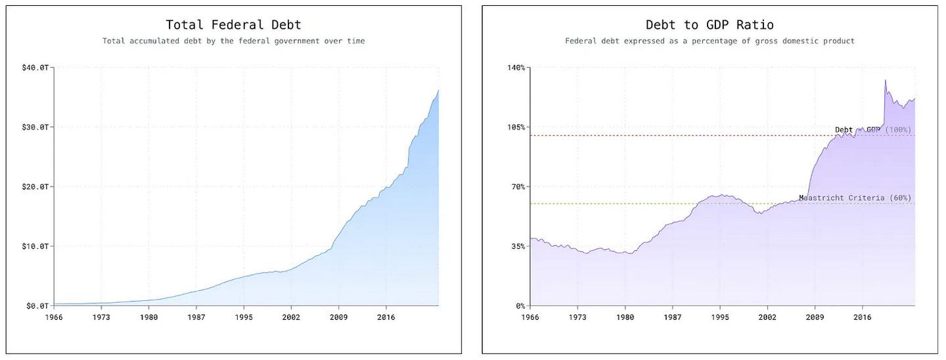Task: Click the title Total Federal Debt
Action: [x=233, y=25]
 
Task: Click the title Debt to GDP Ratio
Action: [x=709, y=25]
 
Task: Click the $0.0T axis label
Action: [x=37, y=305]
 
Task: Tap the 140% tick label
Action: [x=516, y=68]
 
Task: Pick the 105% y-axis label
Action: [x=516, y=127]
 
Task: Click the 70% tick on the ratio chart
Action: [x=518, y=187]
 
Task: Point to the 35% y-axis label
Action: [x=518, y=246]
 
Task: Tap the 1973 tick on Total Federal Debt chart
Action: [x=101, y=317]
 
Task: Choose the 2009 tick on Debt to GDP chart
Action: [x=815, y=317]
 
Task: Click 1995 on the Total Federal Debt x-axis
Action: [x=244, y=317]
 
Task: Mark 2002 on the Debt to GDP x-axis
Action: [x=767, y=317]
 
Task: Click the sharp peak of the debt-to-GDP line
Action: [x=885, y=80]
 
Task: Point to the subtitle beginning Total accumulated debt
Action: [x=233, y=41]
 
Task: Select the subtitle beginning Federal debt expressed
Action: [x=709, y=41]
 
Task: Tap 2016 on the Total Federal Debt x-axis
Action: [x=386, y=317]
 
